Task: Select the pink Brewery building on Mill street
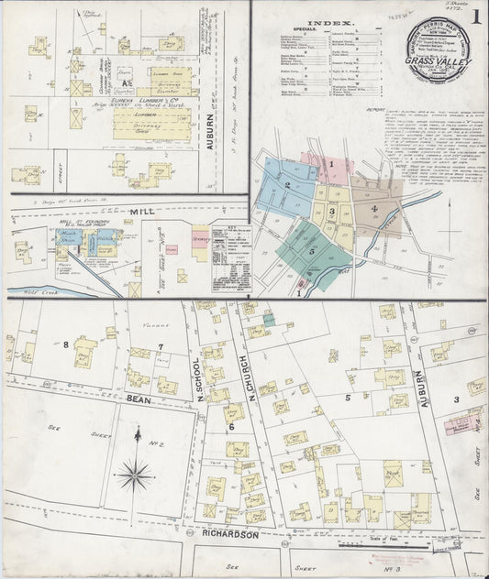pyautogui.click(x=171, y=249)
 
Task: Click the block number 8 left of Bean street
pyautogui.click(x=66, y=344)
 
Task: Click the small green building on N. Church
pyautogui.click(x=269, y=320)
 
